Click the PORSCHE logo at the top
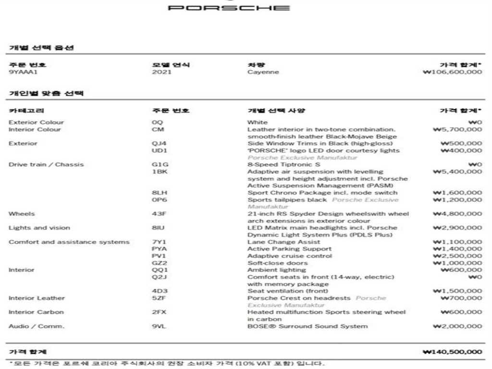pos(229,8)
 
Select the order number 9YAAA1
pos(23,73)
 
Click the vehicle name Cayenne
pos(263,73)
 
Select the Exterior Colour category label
pos(36,123)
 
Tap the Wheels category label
pos(22,214)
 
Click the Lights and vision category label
pos(39,228)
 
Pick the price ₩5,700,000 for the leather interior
pos(457,130)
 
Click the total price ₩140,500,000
pos(452,352)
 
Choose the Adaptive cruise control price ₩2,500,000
pos(457,256)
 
